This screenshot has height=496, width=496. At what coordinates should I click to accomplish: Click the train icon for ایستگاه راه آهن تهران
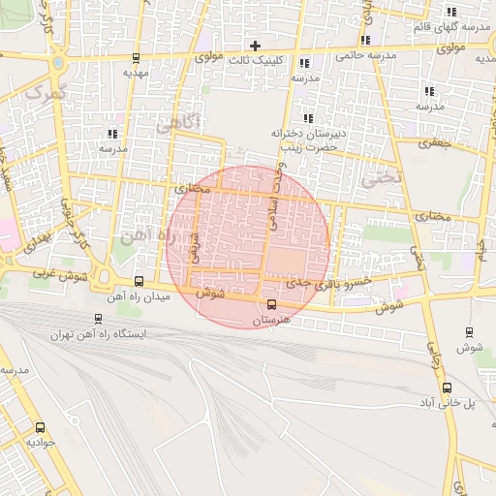(x=100, y=318)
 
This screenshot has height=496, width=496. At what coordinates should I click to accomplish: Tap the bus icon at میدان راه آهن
(x=139, y=281)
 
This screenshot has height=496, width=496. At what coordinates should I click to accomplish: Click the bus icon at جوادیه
(x=40, y=427)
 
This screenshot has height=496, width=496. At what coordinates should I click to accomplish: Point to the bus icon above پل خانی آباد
(x=447, y=387)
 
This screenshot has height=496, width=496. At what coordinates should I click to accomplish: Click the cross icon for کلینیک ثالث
(x=256, y=45)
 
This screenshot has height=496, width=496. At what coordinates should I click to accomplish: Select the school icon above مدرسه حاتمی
(x=365, y=40)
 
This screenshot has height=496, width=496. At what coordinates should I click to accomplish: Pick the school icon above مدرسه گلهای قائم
(x=451, y=12)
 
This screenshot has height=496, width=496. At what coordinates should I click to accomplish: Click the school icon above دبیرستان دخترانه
(x=308, y=118)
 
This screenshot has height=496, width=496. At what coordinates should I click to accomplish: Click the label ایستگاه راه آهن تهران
(x=102, y=334)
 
